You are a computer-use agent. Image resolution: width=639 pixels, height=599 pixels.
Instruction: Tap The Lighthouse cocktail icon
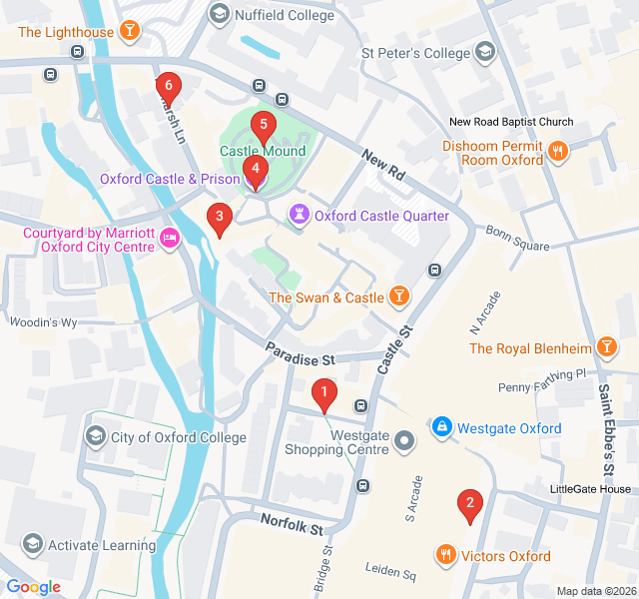pyautogui.click(x=129, y=32)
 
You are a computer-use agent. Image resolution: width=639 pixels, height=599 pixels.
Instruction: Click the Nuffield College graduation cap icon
pyautogui.click(x=218, y=14)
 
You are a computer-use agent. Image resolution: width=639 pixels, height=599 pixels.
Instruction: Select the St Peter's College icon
pyautogui.click(x=484, y=52)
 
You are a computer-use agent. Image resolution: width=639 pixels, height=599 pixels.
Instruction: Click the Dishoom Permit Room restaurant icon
pyautogui.click(x=557, y=152)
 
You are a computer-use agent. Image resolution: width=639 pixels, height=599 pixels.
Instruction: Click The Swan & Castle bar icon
pyautogui.click(x=398, y=297)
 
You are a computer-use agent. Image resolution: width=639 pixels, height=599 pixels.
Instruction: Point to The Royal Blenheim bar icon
pyautogui.click(x=605, y=347)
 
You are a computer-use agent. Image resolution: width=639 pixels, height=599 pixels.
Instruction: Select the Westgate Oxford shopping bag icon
pyautogui.click(x=440, y=427)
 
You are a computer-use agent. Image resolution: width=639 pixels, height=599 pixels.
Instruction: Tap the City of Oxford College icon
pyautogui.click(x=96, y=436)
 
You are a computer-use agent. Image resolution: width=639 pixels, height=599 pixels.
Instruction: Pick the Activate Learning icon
pyautogui.click(x=32, y=544)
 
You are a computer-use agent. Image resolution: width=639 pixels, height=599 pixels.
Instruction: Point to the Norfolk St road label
pyautogui.click(x=293, y=522)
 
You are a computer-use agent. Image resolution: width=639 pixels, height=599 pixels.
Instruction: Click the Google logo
pyautogui.click(x=33, y=586)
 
